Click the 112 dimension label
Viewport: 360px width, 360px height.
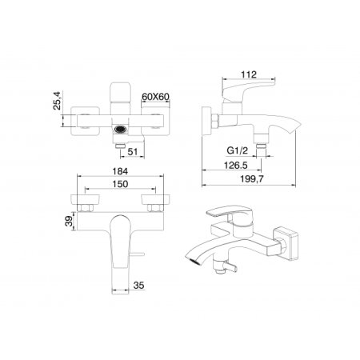tap(249, 74)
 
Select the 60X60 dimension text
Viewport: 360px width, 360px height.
tap(155, 97)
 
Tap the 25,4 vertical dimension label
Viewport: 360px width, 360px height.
tap(58, 101)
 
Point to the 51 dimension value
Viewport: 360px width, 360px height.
tap(133, 151)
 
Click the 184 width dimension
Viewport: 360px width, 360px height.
tap(120, 171)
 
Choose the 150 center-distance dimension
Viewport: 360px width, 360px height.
tap(120, 184)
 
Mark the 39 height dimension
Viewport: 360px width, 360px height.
tap(70, 221)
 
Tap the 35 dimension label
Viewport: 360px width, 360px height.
tap(138, 286)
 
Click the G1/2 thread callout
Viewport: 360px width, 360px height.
tap(237, 150)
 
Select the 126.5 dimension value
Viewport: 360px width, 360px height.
tap(235, 165)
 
